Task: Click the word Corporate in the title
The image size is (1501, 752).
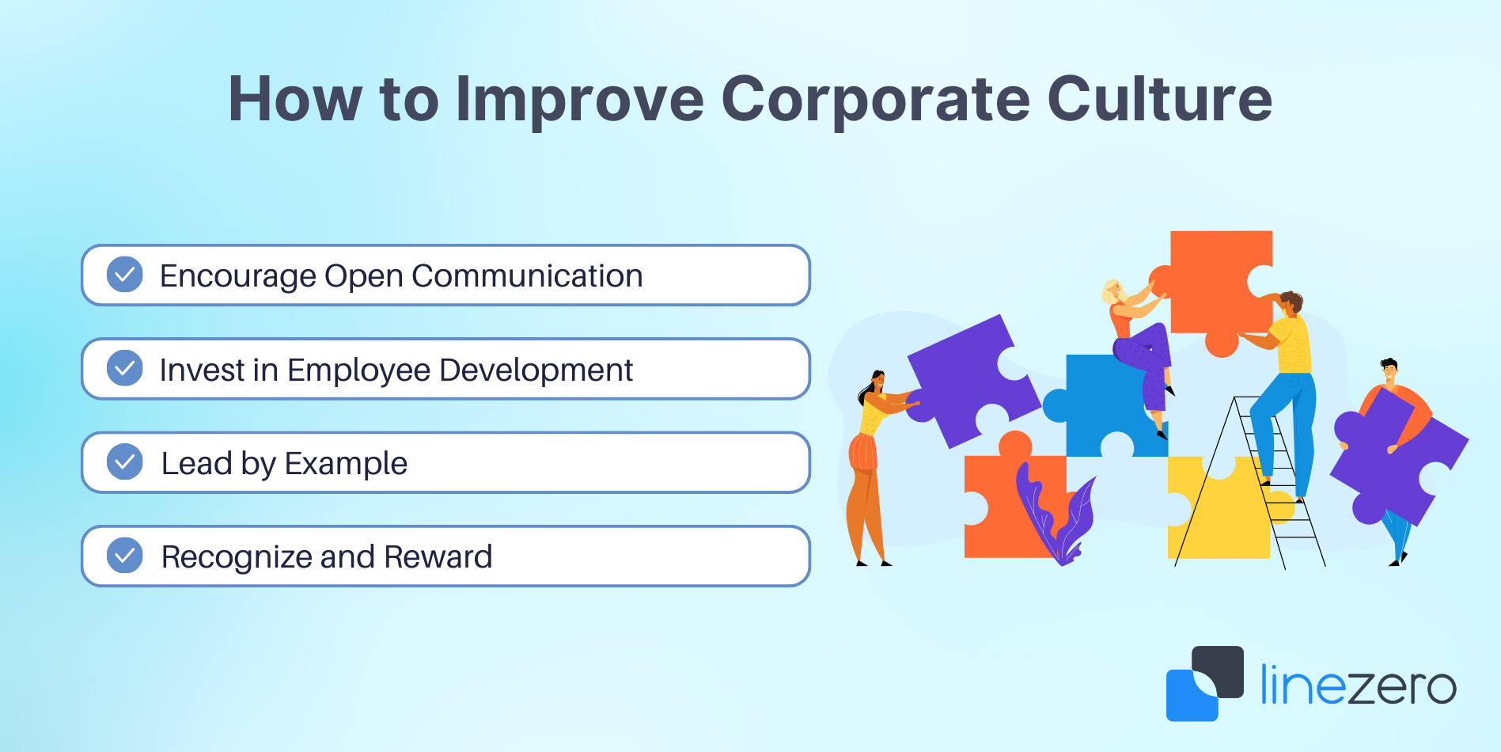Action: tap(875, 101)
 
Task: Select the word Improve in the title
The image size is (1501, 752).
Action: tap(579, 101)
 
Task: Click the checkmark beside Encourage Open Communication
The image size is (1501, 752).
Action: tap(125, 275)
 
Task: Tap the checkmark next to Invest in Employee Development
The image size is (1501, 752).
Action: tap(125, 368)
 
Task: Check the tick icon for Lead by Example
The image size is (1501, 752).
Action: tap(125, 461)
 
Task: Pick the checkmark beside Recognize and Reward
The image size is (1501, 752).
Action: tap(125, 555)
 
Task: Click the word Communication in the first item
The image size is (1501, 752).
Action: tap(527, 276)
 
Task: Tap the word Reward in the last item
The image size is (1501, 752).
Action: tap(438, 557)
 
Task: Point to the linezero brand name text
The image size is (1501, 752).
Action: tap(1358, 685)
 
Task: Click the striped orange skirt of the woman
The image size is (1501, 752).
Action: tap(863, 452)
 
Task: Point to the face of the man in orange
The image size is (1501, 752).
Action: tap(1389, 372)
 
